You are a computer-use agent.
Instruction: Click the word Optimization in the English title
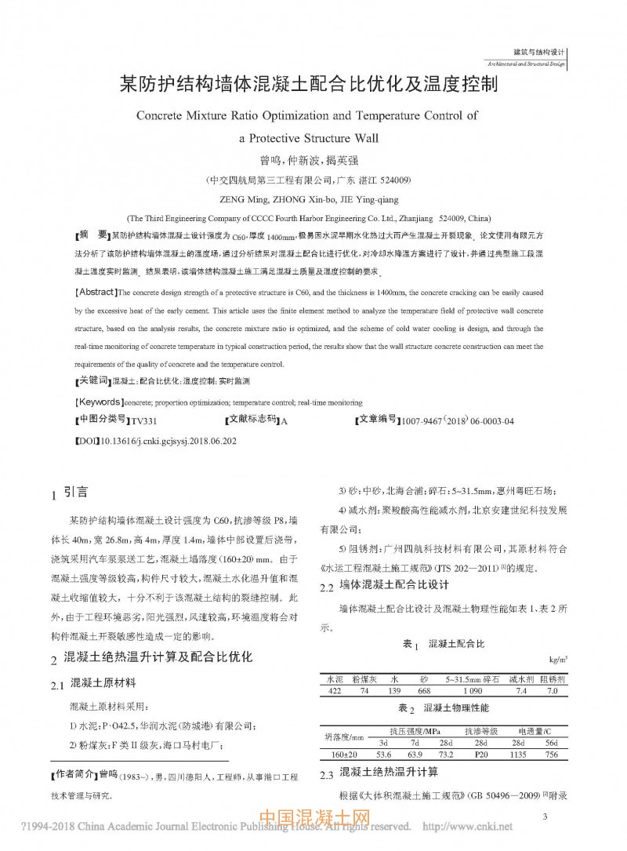point(293,115)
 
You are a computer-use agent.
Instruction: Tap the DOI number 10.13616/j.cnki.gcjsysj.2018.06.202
point(169,442)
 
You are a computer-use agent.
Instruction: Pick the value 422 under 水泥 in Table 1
point(333,691)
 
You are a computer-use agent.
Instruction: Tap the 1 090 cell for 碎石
point(473,691)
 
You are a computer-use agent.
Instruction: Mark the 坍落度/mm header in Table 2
point(344,737)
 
